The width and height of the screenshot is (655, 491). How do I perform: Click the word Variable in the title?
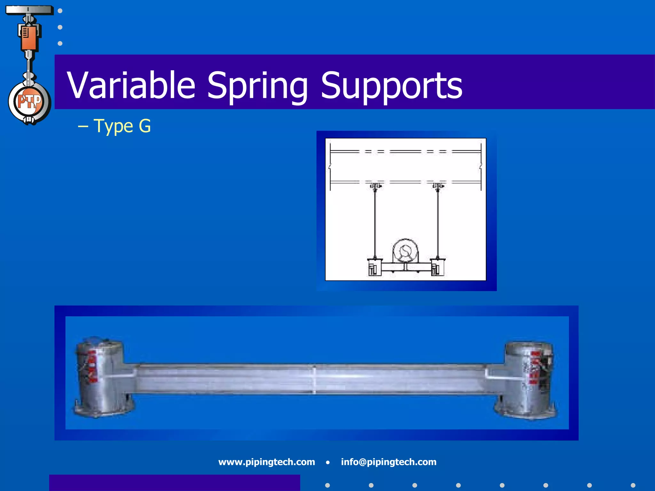pos(131,85)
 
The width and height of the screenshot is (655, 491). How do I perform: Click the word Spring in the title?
pos(257,86)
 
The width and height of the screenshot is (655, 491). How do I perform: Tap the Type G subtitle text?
pos(122,126)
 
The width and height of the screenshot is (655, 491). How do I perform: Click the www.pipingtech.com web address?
pos(266,462)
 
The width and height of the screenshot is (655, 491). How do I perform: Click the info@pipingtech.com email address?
pos(388,462)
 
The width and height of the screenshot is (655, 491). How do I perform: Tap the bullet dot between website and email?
pos(328,462)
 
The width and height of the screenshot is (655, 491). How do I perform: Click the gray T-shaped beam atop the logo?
pos(29,10)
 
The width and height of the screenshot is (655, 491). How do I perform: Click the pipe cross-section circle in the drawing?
pos(406,251)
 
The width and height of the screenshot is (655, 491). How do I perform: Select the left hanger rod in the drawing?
pos(375,224)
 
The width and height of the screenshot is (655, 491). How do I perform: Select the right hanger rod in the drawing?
pos(438,224)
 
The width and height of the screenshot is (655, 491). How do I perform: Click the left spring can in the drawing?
pos(374,267)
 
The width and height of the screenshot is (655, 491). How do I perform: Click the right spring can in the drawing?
pos(437,267)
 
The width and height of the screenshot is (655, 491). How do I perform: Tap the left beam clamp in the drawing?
pos(375,186)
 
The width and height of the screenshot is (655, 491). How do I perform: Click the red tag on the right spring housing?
pos(535,368)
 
